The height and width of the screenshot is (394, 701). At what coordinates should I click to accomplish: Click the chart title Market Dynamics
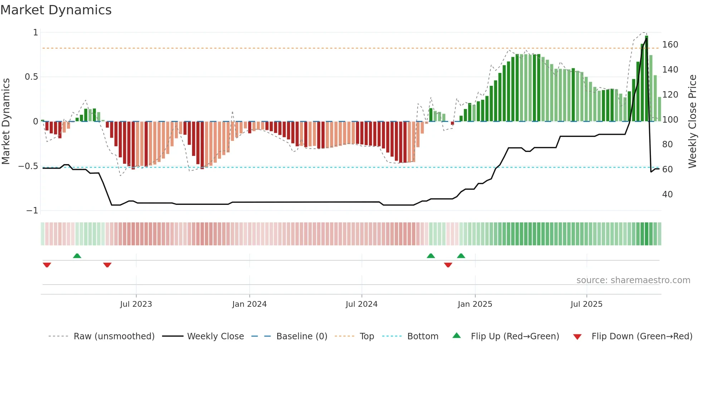coord(56,10)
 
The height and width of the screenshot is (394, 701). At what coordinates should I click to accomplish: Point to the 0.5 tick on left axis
coord(31,77)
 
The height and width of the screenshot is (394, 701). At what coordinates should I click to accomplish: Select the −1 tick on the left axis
coord(32,211)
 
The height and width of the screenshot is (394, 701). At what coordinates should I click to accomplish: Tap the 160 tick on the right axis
coord(670,45)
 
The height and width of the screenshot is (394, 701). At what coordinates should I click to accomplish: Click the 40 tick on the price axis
coord(667,194)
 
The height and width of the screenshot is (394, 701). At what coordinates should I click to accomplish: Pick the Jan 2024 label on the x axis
coord(249,304)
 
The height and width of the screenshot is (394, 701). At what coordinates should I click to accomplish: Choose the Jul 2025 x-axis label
coord(586,304)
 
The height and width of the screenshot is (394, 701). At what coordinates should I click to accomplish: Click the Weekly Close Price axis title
coord(692,122)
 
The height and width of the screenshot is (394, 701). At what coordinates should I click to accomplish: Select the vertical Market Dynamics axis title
coord(6,122)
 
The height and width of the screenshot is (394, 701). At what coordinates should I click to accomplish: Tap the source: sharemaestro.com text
coord(633,280)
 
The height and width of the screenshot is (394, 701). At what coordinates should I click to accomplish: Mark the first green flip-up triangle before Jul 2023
coord(77,256)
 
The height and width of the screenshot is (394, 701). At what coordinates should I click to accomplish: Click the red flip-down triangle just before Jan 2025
coord(448,265)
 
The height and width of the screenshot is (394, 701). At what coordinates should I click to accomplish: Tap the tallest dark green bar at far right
coord(646,79)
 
